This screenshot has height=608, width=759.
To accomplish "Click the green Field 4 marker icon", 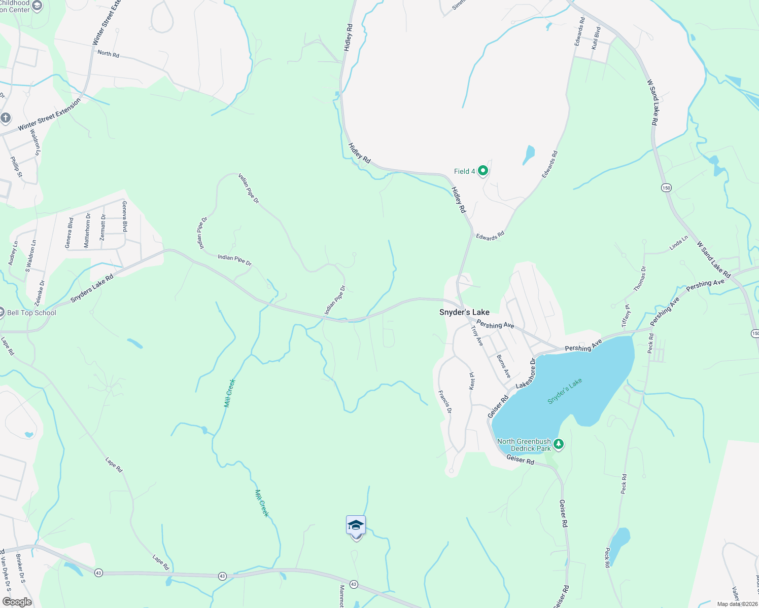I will pos(483,171).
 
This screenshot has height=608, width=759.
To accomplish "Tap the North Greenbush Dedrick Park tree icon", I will pos(559,444).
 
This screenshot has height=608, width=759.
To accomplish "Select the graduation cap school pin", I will pos(356,526).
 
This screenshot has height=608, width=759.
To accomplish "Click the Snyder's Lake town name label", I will pos(464,312).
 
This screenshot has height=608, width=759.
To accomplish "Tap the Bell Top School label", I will pos(31,313).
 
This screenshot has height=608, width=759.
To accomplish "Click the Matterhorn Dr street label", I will pos(87,231).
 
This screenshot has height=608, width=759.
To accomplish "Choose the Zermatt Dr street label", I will pos(103,231).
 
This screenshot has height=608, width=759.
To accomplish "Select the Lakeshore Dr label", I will pos(525,374).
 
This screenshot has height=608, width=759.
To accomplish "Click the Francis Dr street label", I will pos(444,401).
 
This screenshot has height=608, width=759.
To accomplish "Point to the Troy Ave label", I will pos(477,335).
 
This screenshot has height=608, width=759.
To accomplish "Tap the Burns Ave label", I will pos(503,366).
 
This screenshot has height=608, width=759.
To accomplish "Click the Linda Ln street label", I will pos(678,243).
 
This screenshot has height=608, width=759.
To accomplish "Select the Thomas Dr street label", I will pos(640,279).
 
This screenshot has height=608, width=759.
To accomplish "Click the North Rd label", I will pos(108,53).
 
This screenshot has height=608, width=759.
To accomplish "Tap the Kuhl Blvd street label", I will pos(596,38).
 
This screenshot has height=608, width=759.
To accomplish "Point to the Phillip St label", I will pos(16,167).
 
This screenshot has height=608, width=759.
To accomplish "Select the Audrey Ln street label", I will pos(13,253).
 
